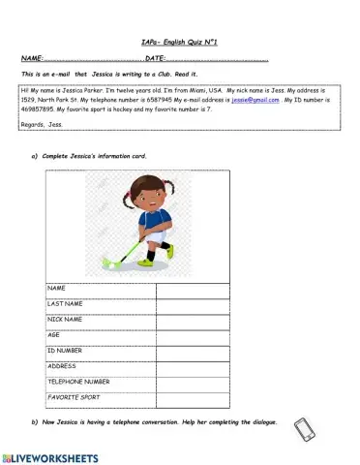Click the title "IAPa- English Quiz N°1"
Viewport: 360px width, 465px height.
click(x=181, y=43)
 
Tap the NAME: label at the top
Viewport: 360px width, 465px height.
click(x=31, y=59)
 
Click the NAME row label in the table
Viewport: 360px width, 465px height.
click(x=56, y=289)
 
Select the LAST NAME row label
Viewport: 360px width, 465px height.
click(x=67, y=304)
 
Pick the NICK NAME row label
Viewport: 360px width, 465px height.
click(x=66, y=319)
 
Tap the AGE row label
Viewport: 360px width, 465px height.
click(x=54, y=335)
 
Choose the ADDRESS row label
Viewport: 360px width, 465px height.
click(x=63, y=366)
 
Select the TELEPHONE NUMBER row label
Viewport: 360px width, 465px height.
click(x=80, y=382)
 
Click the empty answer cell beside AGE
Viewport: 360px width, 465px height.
click(x=193, y=335)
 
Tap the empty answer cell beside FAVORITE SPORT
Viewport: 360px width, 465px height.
click(x=193, y=397)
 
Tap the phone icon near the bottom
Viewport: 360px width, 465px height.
click(x=304, y=430)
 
